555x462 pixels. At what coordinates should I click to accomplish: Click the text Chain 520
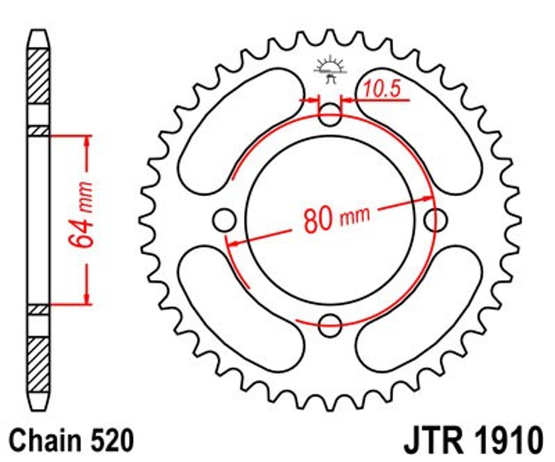(71, 440)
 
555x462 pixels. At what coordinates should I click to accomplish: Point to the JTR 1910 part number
(474, 440)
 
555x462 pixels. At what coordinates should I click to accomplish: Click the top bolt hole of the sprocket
(330, 114)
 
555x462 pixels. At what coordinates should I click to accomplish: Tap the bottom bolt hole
(330, 325)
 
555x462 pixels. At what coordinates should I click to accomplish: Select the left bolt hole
(224, 220)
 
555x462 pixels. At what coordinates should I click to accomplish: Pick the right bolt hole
(436, 220)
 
